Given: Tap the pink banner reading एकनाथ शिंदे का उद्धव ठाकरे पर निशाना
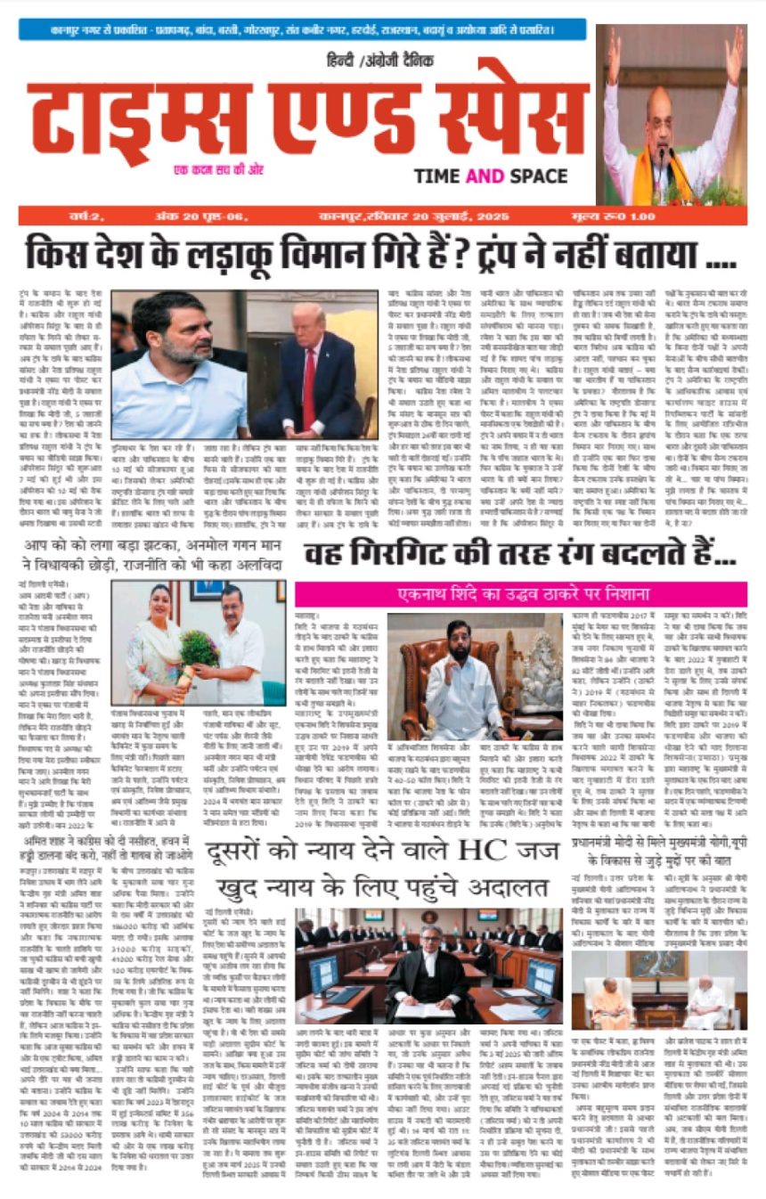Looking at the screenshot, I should pyautogui.click(x=521, y=594).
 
